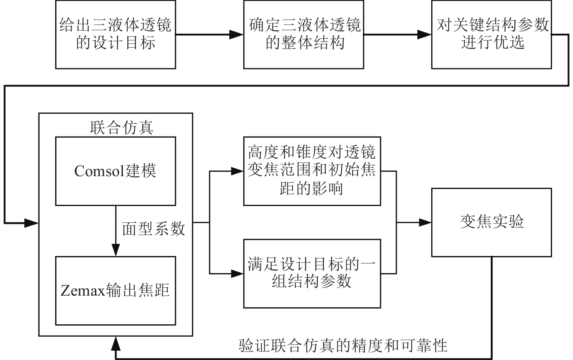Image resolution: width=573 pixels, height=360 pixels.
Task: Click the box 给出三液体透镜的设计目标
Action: pyautogui.click(x=115, y=35)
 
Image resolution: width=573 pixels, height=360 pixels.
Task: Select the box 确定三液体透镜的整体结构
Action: pyautogui.click(x=303, y=35)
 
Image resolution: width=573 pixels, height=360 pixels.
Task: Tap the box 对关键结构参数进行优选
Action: pyautogui.click(x=491, y=35)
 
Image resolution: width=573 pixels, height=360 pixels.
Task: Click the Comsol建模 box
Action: pyautogui.click(x=115, y=171)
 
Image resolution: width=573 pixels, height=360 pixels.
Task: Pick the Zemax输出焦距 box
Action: pyautogui.click(x=115, y=291)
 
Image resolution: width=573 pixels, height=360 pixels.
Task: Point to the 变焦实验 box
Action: pyautogui.click(x=491, y=222)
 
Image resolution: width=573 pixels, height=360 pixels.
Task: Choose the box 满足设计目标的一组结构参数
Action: pyautogui.click(x=312, y=273)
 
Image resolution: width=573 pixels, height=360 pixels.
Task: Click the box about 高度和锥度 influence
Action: pyautogui.click(x=312, y=171)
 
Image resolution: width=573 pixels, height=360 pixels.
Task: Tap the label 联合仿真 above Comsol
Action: pyautogui.click(x=122, y=127)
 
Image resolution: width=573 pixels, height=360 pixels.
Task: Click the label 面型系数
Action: pyautogui.click(x=153, y=229)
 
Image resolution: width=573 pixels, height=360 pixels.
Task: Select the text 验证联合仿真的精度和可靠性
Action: pyautogui.click(x=343, y=345)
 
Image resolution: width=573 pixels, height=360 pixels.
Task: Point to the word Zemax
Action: pyautogui.click(x=83, y=291)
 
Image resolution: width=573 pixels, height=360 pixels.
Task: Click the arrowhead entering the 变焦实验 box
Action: pyautogui.click(x=425, y=223)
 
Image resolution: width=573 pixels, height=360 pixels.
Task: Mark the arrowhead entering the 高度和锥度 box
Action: pyautogui.click(x=236, y=171)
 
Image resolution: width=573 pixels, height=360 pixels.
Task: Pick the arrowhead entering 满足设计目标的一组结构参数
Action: pyautogui.click(x=236, y=273)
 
